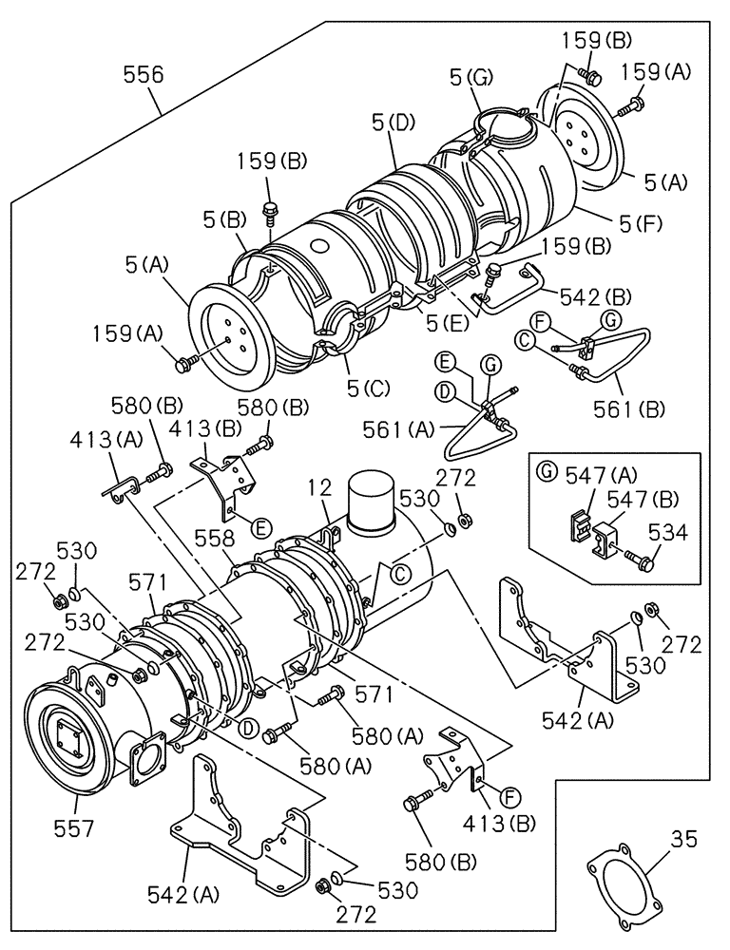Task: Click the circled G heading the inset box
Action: click(545, 470)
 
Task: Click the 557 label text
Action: click(73, 828)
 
